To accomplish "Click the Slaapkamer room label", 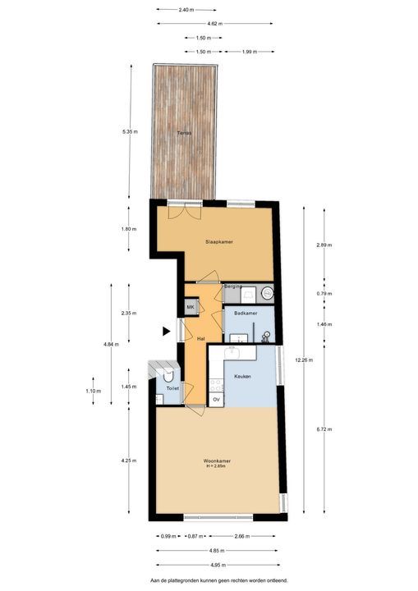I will tap(220, 242).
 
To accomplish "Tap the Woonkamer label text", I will tap(217, 462).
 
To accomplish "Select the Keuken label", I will tap(242, 376).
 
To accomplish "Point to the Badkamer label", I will tap(246, 314).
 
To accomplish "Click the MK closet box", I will tap(191, 307).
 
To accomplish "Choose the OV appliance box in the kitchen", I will tap(216, 400).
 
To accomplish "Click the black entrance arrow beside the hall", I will tap(167, 332).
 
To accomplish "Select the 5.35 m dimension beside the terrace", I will tap(130, 131).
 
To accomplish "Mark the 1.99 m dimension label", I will tap(250, 51).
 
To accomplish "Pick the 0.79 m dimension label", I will tap(324, 293).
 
